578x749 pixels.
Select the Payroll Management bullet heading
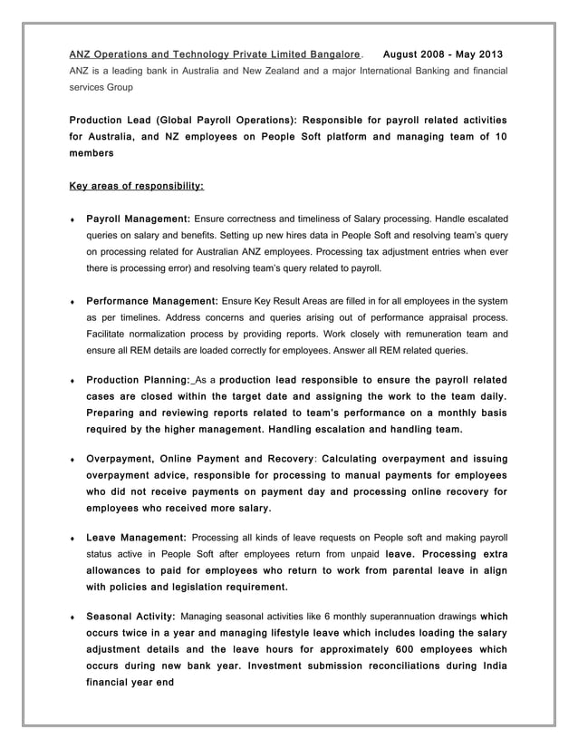click(137, 219)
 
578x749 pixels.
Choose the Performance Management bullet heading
click(151, 300)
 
